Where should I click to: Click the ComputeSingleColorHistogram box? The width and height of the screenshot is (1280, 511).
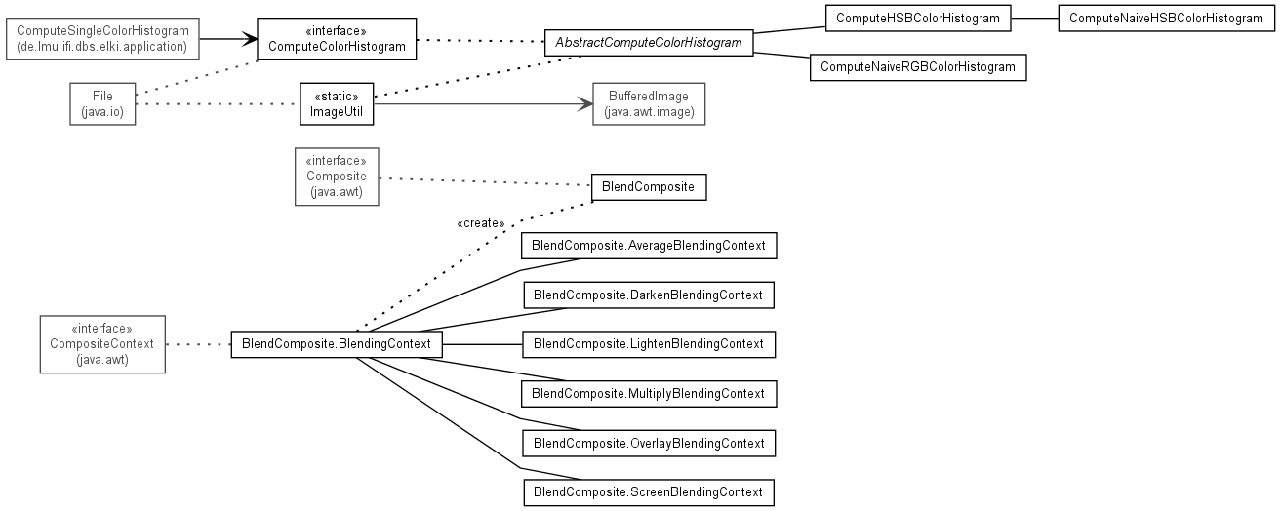102,39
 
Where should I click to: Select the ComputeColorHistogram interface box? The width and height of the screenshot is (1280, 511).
337,39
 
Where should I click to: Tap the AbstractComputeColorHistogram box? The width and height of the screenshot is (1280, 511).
649,43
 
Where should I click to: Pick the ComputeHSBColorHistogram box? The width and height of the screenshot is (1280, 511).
918,19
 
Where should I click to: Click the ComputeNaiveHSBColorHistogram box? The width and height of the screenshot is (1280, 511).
1166,19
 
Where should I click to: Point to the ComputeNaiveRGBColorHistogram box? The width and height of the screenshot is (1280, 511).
918,67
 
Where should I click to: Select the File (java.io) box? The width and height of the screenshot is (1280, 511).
102,104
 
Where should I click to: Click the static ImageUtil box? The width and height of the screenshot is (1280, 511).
337,104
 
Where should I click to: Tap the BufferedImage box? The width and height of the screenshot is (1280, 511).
649,104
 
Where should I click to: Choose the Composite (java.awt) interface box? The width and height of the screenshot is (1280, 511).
337,177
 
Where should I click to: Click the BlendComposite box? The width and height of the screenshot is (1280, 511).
649,187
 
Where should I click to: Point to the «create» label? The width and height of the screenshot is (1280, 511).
481,223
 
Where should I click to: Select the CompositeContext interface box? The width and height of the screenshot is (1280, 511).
102,344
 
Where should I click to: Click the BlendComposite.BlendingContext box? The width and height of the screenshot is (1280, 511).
337,344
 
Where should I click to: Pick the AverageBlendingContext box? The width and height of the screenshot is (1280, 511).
649,246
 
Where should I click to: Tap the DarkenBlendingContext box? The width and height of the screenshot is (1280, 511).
649,295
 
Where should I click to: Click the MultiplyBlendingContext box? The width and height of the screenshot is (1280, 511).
649,394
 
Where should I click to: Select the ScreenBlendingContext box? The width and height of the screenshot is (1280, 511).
649,492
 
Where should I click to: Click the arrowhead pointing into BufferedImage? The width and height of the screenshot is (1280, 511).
585,104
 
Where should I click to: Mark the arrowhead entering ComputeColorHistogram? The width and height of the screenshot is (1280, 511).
251,39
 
